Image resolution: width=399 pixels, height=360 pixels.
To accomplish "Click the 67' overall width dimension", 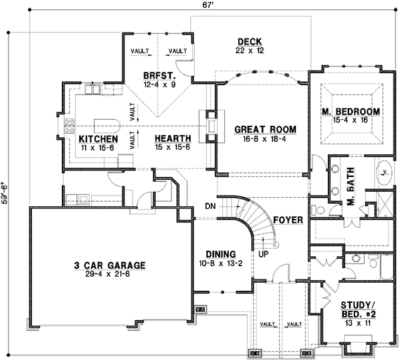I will click(208, 5).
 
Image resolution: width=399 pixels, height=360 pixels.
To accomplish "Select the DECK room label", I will click(250, 41).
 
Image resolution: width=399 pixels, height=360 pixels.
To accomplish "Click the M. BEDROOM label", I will click(351, 111).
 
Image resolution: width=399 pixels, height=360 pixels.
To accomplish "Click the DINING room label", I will click(221, 254).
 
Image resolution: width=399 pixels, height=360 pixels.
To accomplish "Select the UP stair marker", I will click(263, 254).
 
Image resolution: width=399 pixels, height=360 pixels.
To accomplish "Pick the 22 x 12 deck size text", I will click(250, 50).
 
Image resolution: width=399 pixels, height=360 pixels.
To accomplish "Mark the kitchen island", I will click(106, 126).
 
